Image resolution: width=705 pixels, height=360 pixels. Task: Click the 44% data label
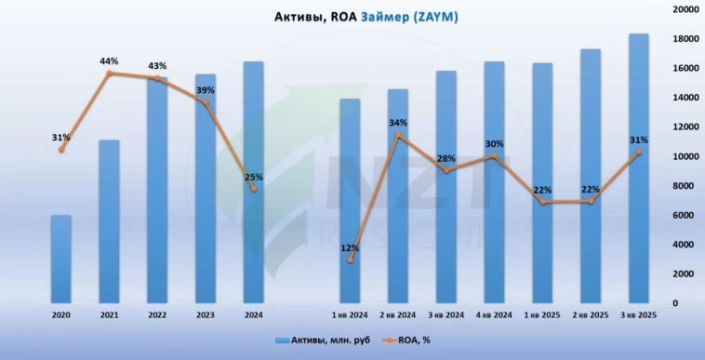click(109, 61)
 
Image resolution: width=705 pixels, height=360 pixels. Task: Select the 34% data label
click(397, 123)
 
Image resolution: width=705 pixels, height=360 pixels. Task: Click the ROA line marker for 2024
click(253, 189)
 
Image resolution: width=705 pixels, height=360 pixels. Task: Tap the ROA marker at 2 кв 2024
click(398, 136)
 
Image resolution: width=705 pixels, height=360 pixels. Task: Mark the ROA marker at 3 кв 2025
click(637, 153)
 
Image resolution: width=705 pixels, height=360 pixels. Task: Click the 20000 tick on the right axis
click(685, 9)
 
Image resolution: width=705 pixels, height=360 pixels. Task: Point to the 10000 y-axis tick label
click(685, 156)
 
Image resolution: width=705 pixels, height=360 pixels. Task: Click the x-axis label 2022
click(157, 315)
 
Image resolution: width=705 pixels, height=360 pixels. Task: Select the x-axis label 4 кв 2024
click(494, 315)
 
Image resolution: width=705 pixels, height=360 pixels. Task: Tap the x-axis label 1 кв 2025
click(541, 315)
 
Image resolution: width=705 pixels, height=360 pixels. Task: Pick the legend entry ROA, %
click(410, 340)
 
